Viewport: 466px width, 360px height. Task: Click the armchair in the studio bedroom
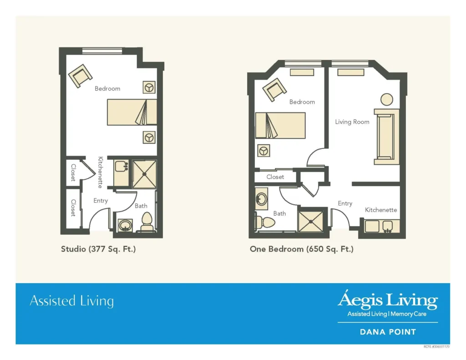[x=80, y=76]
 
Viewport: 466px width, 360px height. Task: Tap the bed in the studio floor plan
[x=132, y=112]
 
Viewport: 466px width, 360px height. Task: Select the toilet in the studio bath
[x=147, y=222]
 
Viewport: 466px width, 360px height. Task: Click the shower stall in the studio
[x=144, y=174]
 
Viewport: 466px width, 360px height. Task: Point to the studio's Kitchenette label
[x=101, y=172]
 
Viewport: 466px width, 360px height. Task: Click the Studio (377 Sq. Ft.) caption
[x=98, y=249]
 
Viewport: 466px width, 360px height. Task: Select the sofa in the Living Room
[x=386, y=137]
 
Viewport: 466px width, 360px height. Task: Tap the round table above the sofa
[x=387, y=100]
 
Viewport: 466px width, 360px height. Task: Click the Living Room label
[x=352, y=122]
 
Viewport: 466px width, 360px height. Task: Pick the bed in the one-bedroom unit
[x=280, y=125]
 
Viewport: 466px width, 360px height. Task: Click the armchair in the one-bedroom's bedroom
[x=274, y=90]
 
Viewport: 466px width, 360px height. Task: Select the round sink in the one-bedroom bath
[x=261, y=199]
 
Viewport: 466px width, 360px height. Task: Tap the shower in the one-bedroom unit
[x=310, y=222]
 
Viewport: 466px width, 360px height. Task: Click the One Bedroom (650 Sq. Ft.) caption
[x=302, y=249]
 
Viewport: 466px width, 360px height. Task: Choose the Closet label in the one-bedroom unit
[x=275, y=177]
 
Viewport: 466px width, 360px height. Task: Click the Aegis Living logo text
[x=388, y=300]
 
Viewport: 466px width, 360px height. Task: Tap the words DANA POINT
[x=388, y=332]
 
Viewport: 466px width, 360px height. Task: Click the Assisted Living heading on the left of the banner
[x=71, y=301]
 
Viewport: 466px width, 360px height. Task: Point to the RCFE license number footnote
[x=436, y=347]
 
